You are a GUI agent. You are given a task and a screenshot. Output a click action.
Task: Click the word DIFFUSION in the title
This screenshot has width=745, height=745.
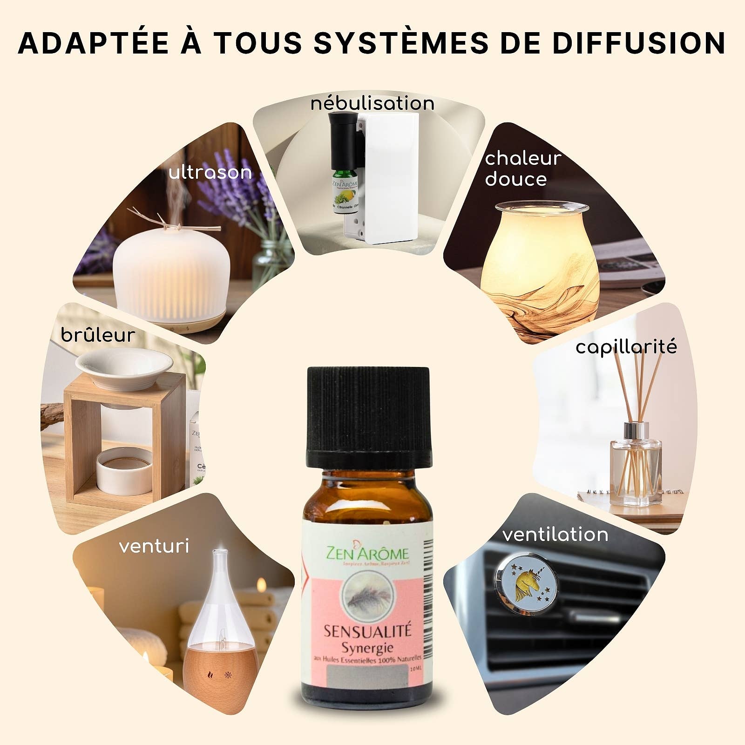(640, 43)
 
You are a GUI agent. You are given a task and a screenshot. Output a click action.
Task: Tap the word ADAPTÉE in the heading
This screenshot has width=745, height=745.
(93, 43)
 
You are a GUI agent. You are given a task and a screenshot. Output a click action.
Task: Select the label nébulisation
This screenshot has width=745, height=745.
(372, 103)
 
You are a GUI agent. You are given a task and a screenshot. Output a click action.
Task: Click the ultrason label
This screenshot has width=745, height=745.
(210, 173)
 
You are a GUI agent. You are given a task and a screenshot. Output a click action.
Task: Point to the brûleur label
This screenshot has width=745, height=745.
(98, 335)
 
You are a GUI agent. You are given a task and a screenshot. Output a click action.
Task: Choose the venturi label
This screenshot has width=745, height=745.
(154, 546)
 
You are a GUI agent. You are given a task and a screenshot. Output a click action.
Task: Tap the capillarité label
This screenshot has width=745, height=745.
(626, 347)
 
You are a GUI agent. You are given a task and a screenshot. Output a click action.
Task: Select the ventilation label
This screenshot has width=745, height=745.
(555, 535)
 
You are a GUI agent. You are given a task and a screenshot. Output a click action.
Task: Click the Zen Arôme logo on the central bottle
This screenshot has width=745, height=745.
(368, 554)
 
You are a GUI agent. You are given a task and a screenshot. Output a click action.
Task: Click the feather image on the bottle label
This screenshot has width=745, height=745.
(367, 597)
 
